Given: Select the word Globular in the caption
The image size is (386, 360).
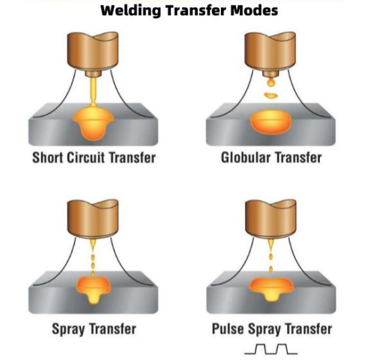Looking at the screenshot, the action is tap(246, 157).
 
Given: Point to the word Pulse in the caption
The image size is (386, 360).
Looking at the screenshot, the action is tap(228, 329).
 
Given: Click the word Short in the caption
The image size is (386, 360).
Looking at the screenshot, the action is tap(47, 157).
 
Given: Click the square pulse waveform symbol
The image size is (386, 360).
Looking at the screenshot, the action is tap(271, 349).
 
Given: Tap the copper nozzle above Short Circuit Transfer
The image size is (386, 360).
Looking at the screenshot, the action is tap(93, 51).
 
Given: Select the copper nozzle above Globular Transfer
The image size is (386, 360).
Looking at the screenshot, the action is tap(270, 51).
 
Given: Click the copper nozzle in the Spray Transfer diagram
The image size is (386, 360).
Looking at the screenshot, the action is tap(93, 219).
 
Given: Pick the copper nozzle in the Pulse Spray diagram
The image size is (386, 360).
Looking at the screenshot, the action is tap(271, 219).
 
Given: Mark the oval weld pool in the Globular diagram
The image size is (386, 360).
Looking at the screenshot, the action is tap(271, 122).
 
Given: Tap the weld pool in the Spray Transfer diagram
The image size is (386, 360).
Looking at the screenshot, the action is tap(93, 290).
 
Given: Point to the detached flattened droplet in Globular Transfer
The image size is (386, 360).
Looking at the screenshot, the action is tap(271, 95).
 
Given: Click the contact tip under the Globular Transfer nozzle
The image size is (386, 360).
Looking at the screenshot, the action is tap(270, 74).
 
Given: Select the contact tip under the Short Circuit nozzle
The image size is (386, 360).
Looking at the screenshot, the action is tap(93, 74).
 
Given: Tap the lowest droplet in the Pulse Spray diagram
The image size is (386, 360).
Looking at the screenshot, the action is tap(271, 269).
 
